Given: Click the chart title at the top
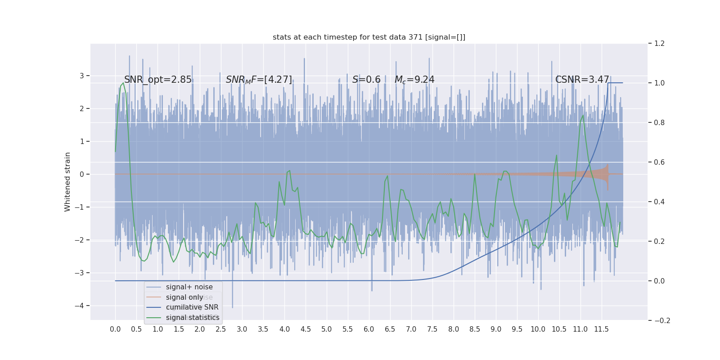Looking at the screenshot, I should [x=369, y=37].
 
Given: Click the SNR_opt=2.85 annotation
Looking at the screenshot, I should [x=158, y=80].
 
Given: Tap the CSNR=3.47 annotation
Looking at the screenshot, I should [x=582, y=80].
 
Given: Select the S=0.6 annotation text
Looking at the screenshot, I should [x=366, y=80].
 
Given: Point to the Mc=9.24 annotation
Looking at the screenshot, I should [x=414, y=80].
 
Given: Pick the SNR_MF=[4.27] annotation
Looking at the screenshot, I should [x=259, y=80].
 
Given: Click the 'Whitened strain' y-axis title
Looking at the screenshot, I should [x=67, y=182].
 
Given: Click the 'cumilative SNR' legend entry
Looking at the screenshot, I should [x=192, y=307].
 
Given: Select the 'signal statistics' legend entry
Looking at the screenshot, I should [x=193, y=318].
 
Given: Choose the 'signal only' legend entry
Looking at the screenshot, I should [x=184, y=297].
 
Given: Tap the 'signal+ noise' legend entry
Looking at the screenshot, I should [x=189, y=287].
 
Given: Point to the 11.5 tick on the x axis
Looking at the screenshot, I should [x=601, y=329].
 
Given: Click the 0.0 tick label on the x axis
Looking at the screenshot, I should [x=115, y=329].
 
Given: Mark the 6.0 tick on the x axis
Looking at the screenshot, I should [x=369, y=329].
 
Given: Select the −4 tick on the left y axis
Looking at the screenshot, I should [x=81, y=306].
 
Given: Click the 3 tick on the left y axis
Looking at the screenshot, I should [x=82, y=76].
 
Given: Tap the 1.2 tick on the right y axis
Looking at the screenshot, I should [x=659, y=44].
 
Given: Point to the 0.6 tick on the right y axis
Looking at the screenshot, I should [x=659, y=162].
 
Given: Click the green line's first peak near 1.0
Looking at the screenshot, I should [x=123, y=83].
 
